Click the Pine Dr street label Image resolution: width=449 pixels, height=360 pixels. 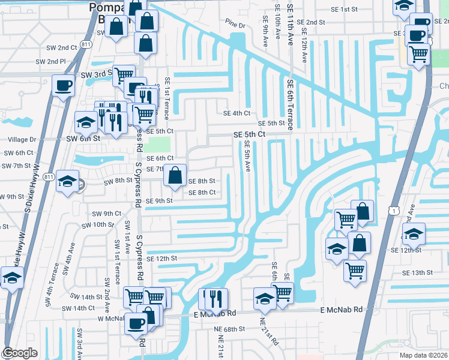click(236, 26)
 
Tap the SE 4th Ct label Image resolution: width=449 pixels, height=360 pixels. click(236, 113)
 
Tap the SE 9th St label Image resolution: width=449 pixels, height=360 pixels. click(158, 201)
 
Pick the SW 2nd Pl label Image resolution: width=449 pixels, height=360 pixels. click(50, 61)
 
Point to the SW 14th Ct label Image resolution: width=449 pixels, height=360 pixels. click(79, 308)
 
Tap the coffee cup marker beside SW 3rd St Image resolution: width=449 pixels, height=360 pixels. click(63, 85)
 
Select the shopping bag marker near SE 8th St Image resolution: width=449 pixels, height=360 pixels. click(175, 175)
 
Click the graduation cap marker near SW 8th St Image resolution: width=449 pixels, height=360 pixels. click(67, 181)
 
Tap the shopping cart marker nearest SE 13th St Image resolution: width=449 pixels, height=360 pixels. click(355, 270)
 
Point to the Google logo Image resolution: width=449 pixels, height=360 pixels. click(20, 353)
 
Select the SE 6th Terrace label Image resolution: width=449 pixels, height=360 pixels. click(289, 105)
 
